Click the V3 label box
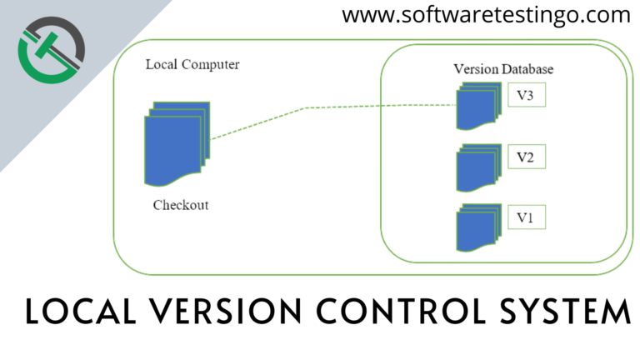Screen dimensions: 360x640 [525, 96]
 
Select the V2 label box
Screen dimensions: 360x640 [525, 157]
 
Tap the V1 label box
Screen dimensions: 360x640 [525, 218]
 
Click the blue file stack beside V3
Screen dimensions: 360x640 [479, 107]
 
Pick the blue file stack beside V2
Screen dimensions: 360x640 [479, 168]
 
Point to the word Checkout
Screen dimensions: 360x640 [181, 205]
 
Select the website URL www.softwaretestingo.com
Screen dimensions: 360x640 [486, 14]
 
